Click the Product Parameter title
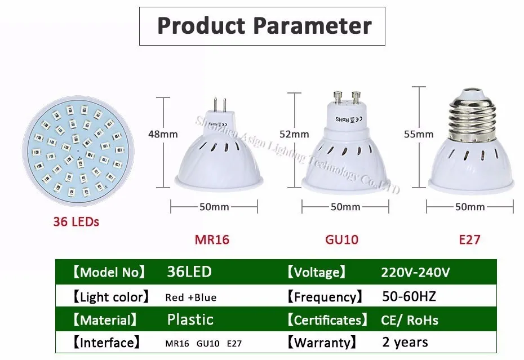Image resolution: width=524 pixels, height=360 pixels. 264,26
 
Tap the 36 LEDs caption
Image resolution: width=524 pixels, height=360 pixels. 76,221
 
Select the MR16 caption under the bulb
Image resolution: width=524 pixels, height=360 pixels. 212,239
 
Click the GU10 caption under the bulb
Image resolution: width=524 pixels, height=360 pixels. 341,239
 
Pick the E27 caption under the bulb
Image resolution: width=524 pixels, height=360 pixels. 469,239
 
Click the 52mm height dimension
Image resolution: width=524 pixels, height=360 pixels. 294,134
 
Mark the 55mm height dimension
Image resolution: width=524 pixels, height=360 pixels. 419,134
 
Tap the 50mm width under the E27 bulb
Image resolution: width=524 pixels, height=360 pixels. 469,207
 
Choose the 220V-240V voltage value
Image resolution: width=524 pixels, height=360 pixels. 415,272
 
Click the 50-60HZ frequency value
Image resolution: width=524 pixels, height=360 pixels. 408,296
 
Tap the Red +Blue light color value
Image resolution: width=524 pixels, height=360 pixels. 190,297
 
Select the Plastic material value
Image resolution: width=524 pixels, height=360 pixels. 190,320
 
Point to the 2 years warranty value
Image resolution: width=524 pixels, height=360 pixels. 405,342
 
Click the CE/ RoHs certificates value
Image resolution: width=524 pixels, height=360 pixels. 410,321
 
